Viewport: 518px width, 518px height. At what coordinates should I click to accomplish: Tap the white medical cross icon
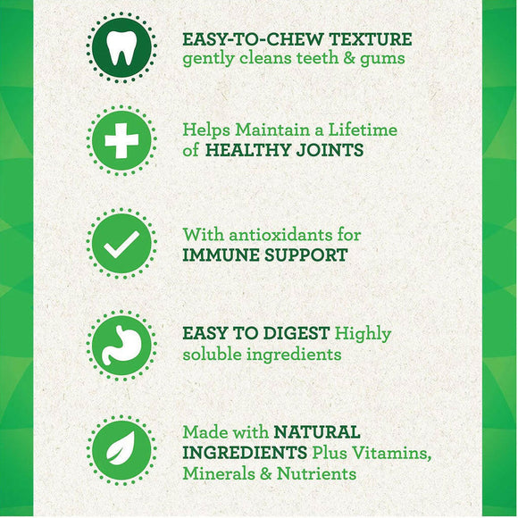[122, 140]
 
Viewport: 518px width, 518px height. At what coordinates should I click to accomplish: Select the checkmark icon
[122, 242]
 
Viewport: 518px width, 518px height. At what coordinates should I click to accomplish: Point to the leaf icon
[122, 447]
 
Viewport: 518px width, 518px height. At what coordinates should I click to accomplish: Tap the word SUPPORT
[308, 255]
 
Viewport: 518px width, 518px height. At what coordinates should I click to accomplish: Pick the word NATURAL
[317, 432]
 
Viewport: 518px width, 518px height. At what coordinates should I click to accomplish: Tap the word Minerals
[220, 473]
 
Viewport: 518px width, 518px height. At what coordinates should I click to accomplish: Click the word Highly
[363, 335]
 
